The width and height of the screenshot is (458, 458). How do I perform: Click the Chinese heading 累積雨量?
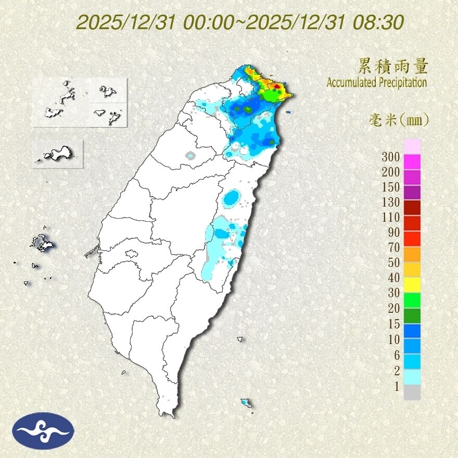pyautogui.click(x=393, y=67)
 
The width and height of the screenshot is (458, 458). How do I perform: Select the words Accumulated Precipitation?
pyautogui.click(x=377, y=82)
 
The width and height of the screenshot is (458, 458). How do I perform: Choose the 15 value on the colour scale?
pyautogui.click(x=393, y=324)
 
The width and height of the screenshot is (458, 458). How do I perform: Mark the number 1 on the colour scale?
pyautogui.click(x=397, y=386)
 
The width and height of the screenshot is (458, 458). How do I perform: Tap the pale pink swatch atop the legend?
pyautogui.click(x=412, y=146)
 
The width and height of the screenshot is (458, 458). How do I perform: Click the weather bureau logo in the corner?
pyautogui.click(x=44, y=430)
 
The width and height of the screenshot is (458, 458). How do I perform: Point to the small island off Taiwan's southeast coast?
pyautogui.click(x=245, y=403)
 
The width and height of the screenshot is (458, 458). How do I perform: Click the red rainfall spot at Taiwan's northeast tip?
pyautogui.click(x=278, y=86)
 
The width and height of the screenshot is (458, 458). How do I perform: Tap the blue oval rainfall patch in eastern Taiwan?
pyautogui.click(x=232, y=198)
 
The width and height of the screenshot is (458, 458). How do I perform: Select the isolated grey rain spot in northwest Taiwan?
pyautogui.click(x=190, y=155)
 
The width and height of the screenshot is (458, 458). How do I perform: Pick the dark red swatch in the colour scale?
pyautogui.click(x=412, y=207)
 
